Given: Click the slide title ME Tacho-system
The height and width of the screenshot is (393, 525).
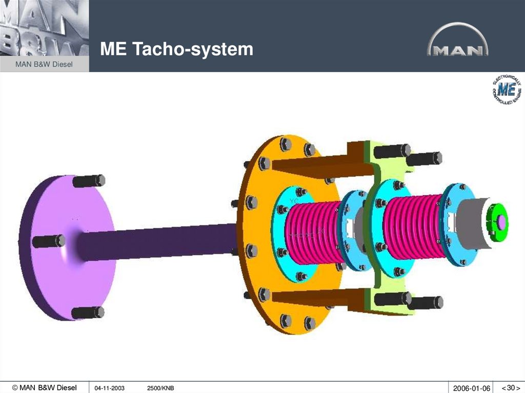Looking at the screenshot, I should pos(176,50).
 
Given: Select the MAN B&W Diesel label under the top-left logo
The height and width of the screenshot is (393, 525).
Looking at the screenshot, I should pos(44,64).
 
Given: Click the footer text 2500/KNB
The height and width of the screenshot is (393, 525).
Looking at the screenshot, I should pos(160,388).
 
